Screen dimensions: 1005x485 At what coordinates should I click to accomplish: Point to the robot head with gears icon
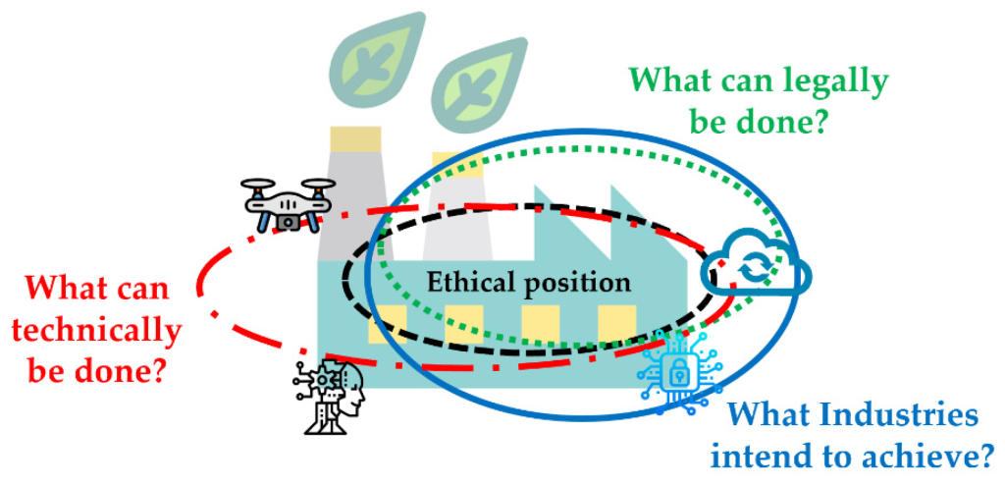(328, 396)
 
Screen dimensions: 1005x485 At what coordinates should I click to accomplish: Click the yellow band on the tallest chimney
(355, 138)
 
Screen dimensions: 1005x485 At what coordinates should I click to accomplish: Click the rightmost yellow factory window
(617, 324)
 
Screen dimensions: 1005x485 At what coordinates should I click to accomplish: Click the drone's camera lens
(290, 221)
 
